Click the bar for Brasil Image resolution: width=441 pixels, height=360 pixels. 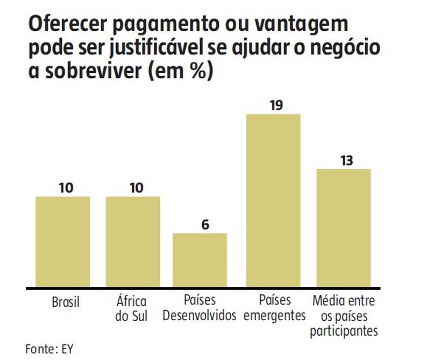pyautogui.click(x=63, y=242)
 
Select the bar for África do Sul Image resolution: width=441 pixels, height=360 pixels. pyautogui.click(x=133, y=242)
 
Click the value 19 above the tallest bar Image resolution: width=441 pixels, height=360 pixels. pyautogui.click(x=276, y=105)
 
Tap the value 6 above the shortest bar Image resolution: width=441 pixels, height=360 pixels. pyautogui.click(x=205, y=224)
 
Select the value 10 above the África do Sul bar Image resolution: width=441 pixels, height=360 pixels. pyautogui.click(x=136, y=188)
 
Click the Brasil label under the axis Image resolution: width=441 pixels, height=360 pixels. pyautogui.click(x=66, y=302)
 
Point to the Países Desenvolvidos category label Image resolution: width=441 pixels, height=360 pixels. pyautogui.click(x=200, y=308)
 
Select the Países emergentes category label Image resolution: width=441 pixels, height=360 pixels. pyautogui.click(x=274, y=308)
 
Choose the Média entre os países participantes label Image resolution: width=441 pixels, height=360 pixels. pyautogui.click(x=344, y=315)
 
